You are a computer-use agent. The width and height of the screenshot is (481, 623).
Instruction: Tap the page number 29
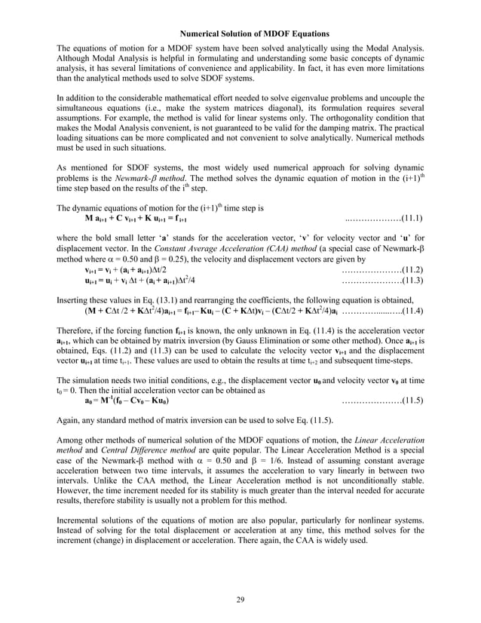click(241, 600)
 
